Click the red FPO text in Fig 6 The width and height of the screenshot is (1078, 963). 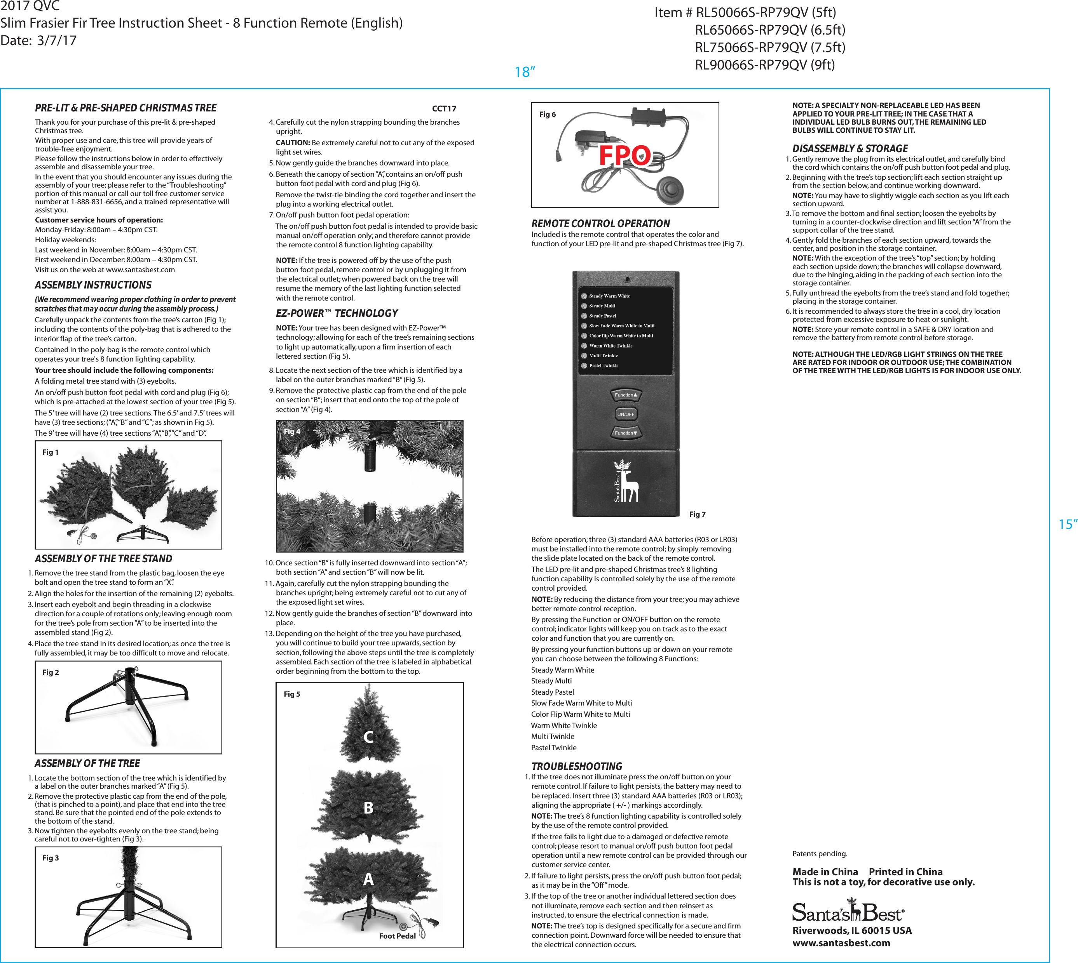(x=625, y=156)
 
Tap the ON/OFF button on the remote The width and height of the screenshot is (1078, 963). (x=625, y=414)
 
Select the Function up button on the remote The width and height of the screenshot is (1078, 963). (x=625, y=395)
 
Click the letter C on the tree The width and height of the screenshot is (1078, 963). (x=368, y=737)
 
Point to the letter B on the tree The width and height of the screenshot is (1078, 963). (x=368, y=808)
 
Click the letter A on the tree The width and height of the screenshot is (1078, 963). (x=368, y=880)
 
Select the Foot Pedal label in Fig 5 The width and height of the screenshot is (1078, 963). (x=397, y=936)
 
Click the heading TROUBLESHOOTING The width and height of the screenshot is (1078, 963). (x=577, y=766)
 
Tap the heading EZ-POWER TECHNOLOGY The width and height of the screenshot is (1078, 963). (x=337, y=313)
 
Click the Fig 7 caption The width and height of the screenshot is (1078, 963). (x=697, y=514)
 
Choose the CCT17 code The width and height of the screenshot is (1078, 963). (x=444, y=108)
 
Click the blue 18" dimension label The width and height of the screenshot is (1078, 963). (x=525, y=72)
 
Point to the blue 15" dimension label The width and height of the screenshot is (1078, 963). (x=1068, y=524)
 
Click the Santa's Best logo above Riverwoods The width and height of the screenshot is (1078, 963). (x=847, y=912)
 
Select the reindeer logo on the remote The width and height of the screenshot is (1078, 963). (x=626, y=481)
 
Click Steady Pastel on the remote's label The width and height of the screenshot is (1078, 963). (x=602, y=316)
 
